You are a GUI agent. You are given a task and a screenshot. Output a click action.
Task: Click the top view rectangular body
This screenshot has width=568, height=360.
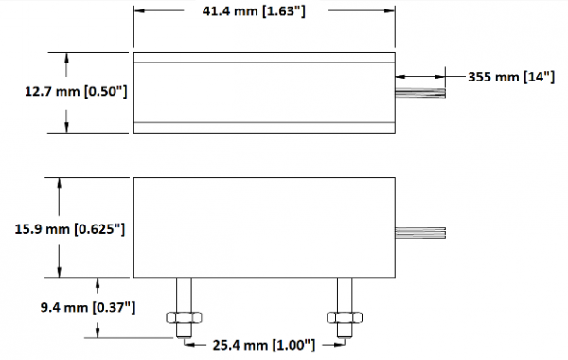click(263, 92)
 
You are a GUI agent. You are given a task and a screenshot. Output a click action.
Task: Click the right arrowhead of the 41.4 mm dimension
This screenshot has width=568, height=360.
click(389, 12)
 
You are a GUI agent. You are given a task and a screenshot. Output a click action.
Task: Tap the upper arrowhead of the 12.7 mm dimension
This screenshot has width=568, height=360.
click(67, 57)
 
